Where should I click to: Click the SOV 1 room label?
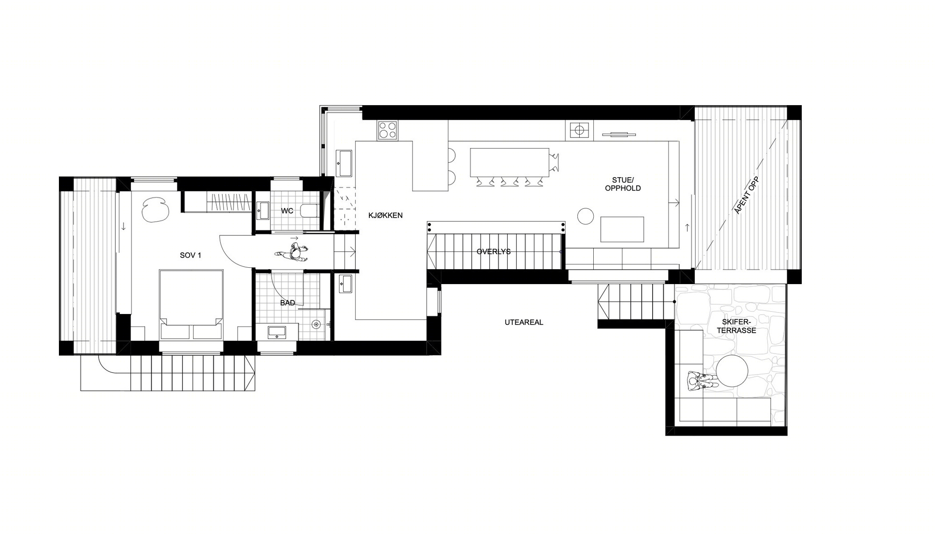[x=190, y=255]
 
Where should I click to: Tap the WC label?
[x=287, y=211]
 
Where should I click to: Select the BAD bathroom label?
[x=288, y=303]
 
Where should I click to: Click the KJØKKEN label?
[x=385, y=215]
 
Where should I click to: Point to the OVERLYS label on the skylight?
[x=494, y=251]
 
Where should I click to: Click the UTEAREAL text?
[x=524, y=322]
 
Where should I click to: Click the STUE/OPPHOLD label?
[x=623, y=184]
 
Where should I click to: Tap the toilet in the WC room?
[x=309, y=211]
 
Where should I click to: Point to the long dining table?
[x=509, y=162]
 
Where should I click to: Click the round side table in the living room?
[x=585, y=216]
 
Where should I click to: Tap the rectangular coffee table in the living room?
[x=622, y=229]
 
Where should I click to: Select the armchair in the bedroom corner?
[x=156, y=209]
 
